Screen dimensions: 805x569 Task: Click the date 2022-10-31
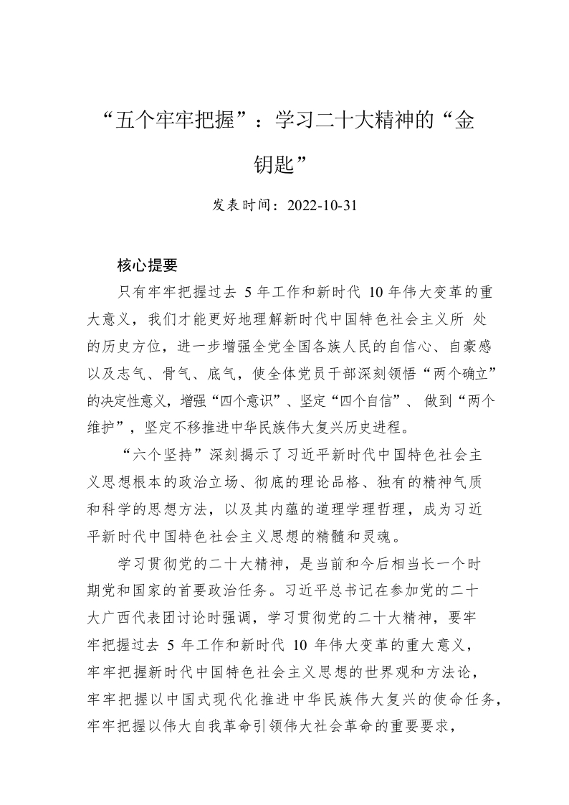[321, 205]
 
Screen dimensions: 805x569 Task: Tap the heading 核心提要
[147, 266]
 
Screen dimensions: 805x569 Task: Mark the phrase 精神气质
[458, 481]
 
